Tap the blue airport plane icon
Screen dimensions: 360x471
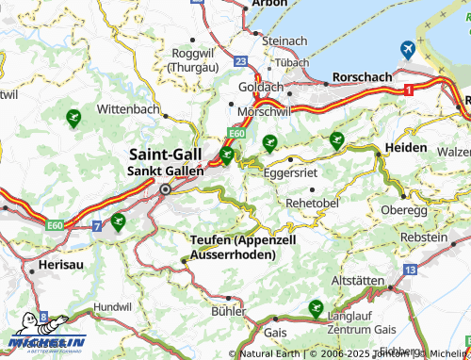[x=408, y=48]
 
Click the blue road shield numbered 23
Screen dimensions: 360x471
[x=241, y=60]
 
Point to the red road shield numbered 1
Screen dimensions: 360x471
[x=409, y=89]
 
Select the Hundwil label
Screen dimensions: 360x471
[x=112, y=307]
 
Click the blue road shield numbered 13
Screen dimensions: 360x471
[x=409, y=270]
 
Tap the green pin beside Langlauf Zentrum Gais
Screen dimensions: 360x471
[x=315, y=307]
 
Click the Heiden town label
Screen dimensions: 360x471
[x=406, y=149]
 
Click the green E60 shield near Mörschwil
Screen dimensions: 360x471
[x=236, y=135]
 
